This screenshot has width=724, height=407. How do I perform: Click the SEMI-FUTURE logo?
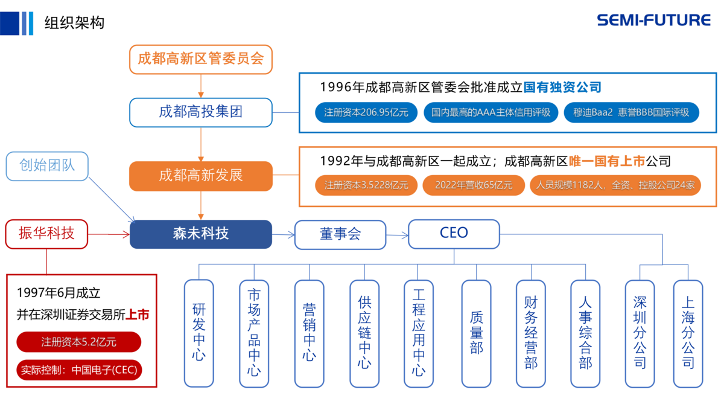pos(653,20)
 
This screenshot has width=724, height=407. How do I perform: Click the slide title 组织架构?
pos(74,22)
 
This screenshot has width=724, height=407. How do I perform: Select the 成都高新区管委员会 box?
pos(201,59)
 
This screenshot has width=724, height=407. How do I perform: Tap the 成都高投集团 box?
pos(201,112)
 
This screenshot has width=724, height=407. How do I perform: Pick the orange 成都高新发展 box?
pos(201,176)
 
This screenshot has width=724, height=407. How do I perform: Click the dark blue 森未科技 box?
pos(201,234)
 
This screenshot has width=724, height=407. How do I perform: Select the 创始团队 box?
pos(47,166)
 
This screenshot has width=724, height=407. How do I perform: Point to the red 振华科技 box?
pos(47,234)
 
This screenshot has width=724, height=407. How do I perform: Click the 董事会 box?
pos(340,234)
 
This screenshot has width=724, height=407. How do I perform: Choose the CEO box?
pos(454,234)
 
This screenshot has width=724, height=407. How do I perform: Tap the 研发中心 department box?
pos(198,333)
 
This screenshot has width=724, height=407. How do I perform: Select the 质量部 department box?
pos(476,333)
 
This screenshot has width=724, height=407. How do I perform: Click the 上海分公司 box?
pos(688,333)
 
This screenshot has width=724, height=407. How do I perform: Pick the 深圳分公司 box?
pos(640,333)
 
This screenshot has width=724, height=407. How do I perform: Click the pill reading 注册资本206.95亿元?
pos(366,112)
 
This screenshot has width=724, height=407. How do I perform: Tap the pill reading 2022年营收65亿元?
pos(474,185)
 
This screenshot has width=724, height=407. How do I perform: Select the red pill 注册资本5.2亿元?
pos(78,342)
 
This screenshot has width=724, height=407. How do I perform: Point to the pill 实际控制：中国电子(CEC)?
pos(80,370)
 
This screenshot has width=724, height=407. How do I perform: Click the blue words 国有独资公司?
pos(562,88)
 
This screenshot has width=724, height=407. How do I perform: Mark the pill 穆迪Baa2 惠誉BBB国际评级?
pos(631,112)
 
